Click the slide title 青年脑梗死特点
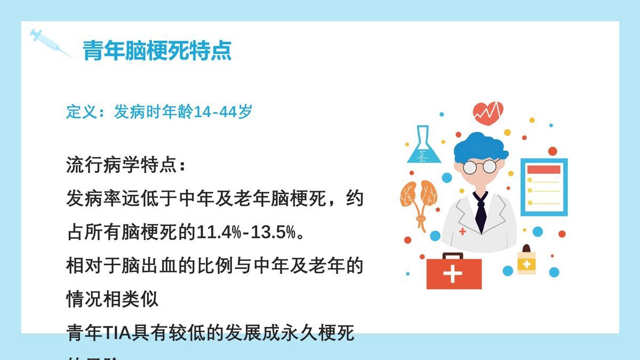(157, 51)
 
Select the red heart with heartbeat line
(488, 113)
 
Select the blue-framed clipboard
(543, 187)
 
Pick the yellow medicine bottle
(526, 261)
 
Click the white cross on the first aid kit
(453, 274)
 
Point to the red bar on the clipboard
(543, 170)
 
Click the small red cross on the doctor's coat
(462, 231)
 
